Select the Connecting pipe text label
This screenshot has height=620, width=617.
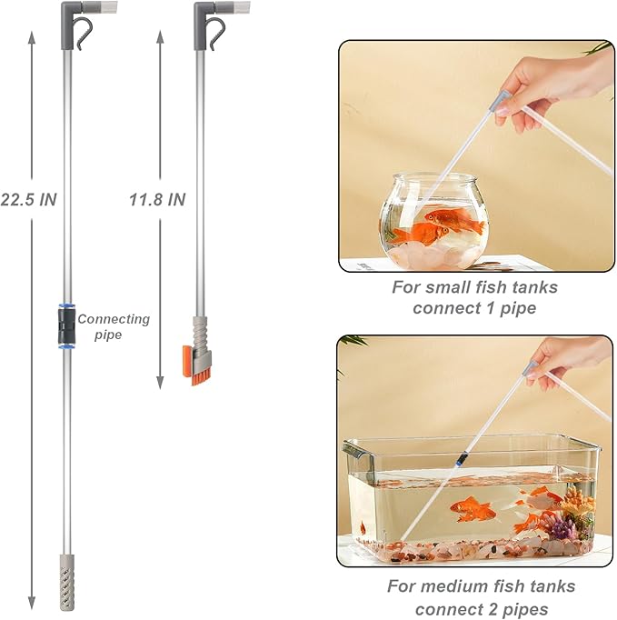(114, 326)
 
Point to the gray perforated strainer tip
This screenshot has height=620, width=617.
(66, 575)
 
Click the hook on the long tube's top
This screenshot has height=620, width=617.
(85, 35)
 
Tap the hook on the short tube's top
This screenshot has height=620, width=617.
(214, 35)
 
